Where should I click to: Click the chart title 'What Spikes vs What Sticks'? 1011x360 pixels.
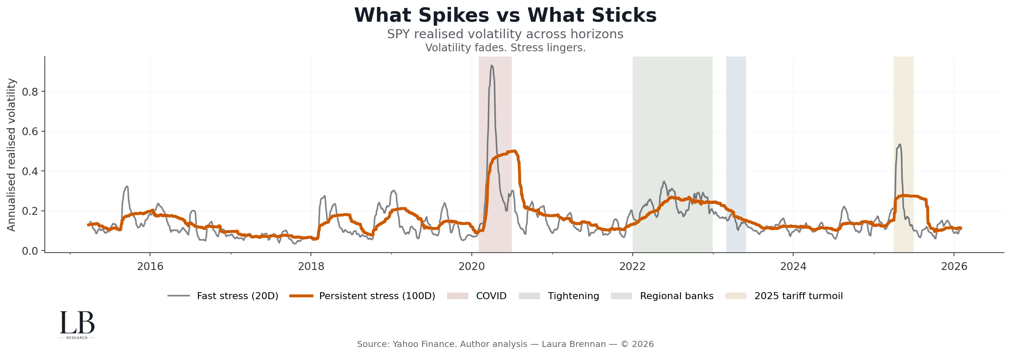tap(505, 16)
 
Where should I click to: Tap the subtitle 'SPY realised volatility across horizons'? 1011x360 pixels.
tap(505, 34)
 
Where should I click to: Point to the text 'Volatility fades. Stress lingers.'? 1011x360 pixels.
tap(505, 48)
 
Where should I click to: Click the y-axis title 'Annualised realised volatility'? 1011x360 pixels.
tap(11, 155)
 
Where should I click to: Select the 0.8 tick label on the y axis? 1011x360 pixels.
tap(30, 92)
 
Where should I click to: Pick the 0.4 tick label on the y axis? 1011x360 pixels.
tap(30, 171)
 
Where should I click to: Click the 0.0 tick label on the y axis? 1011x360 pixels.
tap(30, 251)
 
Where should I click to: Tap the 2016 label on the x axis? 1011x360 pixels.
tap(150, 267)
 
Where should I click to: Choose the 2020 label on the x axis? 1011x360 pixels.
tap(471, 267)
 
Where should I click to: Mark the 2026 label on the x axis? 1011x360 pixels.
tap(954, 267)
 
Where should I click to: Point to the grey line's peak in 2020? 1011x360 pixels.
tap(491, 66)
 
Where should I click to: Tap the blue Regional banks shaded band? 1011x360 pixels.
tap(736, 152)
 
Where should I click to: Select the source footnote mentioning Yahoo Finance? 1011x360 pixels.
tap(505, 344)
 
